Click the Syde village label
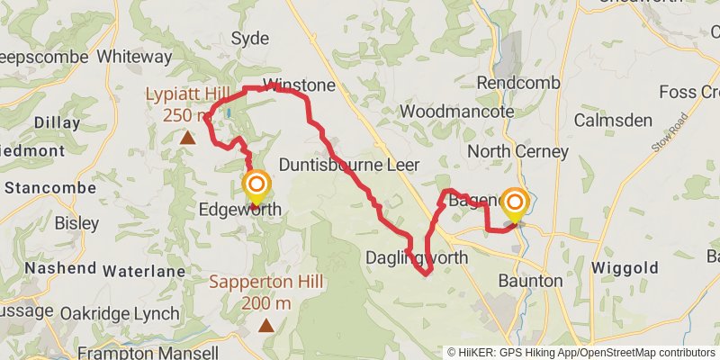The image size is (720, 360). pos(250,38)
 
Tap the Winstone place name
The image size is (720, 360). pos(299,85)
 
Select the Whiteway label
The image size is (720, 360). pos(134,57)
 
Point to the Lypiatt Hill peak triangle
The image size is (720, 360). pos(187,138)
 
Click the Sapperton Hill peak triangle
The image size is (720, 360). pos(266,325)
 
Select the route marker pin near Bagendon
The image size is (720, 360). pos(515,204)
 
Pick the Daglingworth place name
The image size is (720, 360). pos(417,257)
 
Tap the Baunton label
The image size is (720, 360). pos(530,281)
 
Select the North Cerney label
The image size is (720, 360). pos(517,151)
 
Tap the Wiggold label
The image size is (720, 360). pos(625,268)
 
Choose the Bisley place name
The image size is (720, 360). pos(76,222)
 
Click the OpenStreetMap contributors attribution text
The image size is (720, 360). pos(646,353)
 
